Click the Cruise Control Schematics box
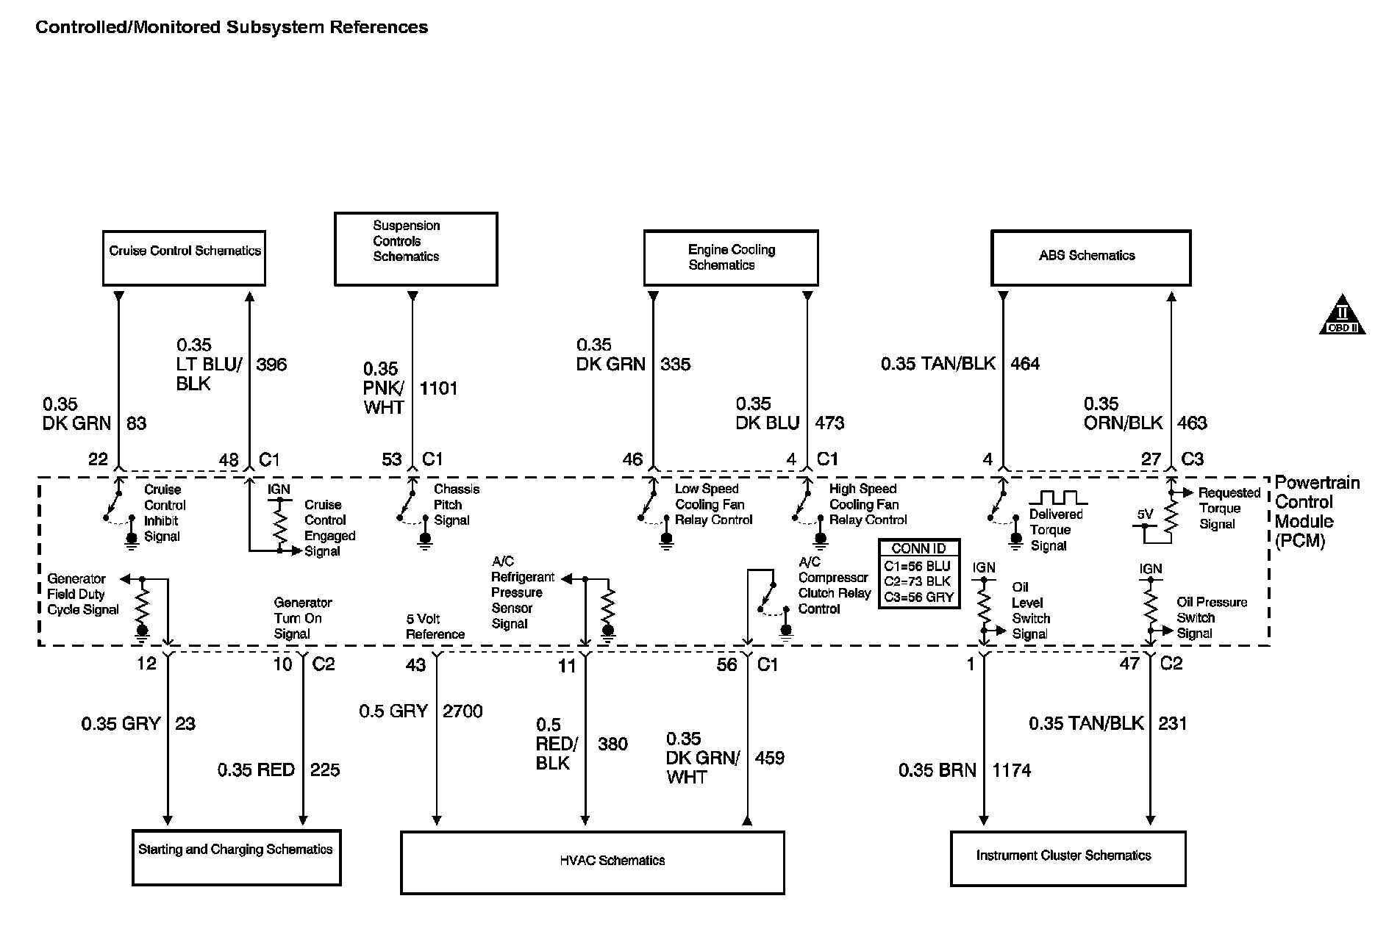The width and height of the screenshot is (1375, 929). point(184,258)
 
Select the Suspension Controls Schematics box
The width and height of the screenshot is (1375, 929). point(415,249)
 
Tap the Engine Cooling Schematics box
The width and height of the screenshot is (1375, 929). point(731,258)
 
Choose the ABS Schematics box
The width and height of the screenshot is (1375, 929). point(1090,258)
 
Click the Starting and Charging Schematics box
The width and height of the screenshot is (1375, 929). point(236,858)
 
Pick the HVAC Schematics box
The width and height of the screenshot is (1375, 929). point(592,862)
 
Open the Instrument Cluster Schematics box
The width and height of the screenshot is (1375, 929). point(1068,858)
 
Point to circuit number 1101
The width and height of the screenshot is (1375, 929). point(439,388)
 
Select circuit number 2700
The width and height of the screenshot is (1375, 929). point(463,711)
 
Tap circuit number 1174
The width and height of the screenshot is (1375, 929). point(1012,770)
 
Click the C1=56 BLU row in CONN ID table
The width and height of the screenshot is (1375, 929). point(918,566)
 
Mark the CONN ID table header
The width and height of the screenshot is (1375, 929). point(918,548)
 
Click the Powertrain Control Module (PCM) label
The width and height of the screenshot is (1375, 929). point(1306,512)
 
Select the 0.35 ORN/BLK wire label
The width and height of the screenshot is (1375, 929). point(1123,414)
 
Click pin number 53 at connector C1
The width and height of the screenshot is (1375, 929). point(392,459)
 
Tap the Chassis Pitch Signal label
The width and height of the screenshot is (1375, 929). point(456,505)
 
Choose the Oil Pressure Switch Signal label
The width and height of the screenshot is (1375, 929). point(1211,617)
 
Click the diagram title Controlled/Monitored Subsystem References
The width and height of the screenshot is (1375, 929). point(232,28)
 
